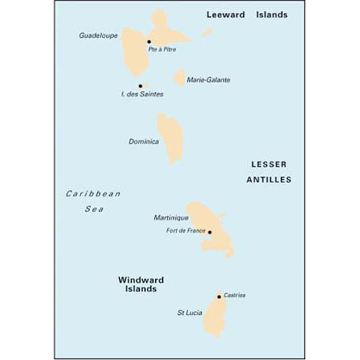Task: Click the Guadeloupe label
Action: click(x=98, y=36)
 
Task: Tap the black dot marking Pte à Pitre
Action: click(x=149, y=42)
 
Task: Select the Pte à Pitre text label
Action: click(x=162, y=49)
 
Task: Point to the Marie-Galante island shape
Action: click(x=179, y=78)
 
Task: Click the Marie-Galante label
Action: click(x=208, y=79)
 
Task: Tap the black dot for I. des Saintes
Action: click(x=140, y=86)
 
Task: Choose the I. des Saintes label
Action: click(x=142, y=95)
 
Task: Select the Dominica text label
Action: click(x=143, y=142)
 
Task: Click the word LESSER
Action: click(x=268, y=164)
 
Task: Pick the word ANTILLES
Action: click(x=268, y=179)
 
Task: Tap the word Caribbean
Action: click(x=93, y=194)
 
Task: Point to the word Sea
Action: click(x=93, y=209)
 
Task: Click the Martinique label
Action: click(x=172, y=217)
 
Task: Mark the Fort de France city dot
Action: click(x=209, y=232)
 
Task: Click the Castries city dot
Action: click(x=219, y=297)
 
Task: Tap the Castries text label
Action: click(x=234, y=296)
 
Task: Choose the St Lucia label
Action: click(x=188, y=313)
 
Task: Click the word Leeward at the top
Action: click(x=226, y=15)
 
